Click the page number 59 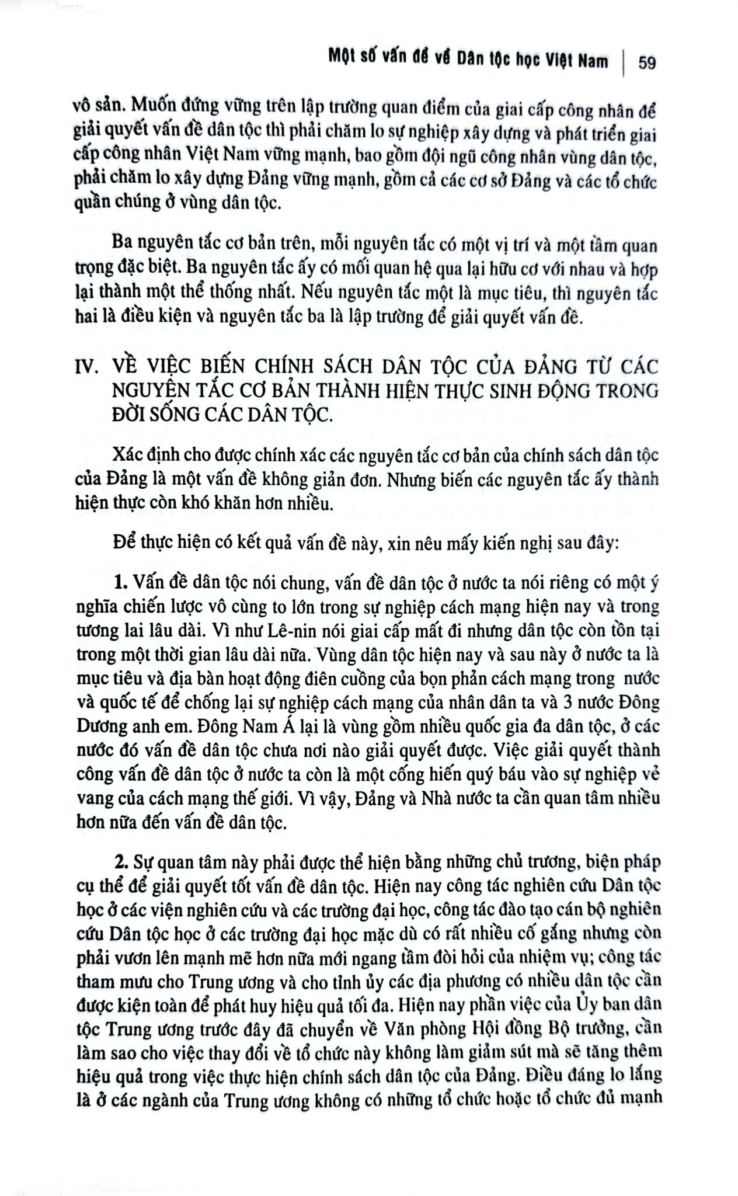[647, 62]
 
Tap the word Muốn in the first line [155, 109]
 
